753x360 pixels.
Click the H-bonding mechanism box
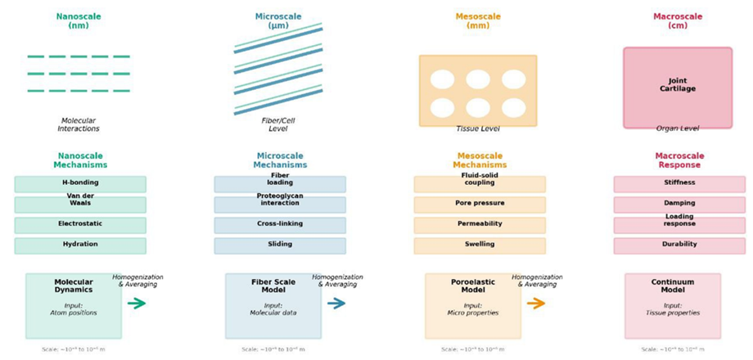[80, 184]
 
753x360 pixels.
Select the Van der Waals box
[80, 205]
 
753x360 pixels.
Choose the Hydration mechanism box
[80, 245]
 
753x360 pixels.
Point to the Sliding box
[280, 245]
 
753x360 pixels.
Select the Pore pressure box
[480, 205]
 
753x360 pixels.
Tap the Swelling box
[480, 245]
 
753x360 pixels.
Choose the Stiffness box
[679, 184]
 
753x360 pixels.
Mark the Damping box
[679, 205]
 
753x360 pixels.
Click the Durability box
[679, 245]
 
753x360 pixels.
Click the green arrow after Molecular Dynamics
[137, 304]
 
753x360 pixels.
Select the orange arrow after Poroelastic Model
[536, 304]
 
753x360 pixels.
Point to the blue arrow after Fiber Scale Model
[336, 304]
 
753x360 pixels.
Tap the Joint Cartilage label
[678, 84]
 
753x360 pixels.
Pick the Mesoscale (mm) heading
[478, 20]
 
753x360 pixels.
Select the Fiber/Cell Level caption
[278, 124]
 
